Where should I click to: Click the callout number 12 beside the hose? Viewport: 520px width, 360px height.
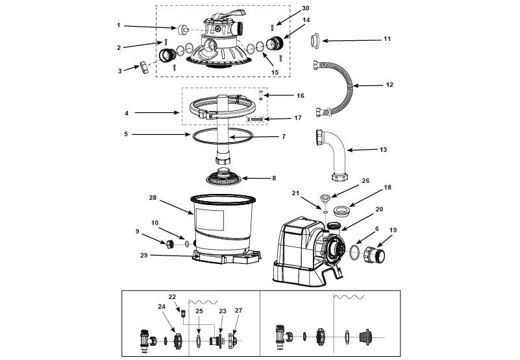390,85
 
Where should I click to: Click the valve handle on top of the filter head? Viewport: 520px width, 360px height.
228,15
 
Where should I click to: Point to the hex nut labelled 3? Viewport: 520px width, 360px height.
144,67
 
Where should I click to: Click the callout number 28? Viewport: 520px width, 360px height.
153,198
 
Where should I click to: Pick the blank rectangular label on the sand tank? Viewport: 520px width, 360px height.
210,219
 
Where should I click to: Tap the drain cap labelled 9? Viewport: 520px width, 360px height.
170,245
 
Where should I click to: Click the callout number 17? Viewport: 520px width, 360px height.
298,117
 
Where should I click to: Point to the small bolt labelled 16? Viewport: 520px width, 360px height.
261,95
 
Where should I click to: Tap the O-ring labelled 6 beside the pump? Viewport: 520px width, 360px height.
354,252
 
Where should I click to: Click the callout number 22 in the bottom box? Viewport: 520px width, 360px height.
172,297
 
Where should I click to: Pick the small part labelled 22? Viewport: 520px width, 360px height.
182,312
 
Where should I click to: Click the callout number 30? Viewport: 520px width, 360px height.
305,8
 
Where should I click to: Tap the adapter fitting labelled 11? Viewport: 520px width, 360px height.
315,41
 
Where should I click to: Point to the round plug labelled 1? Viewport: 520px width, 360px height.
182,30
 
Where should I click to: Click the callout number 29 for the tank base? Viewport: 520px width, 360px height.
144,256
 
